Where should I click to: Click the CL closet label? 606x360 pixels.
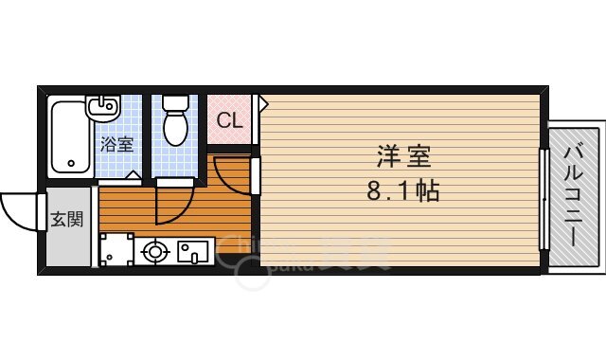(229, 120)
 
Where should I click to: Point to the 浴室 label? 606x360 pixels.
(117, 145)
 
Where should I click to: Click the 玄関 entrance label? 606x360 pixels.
(66, 220)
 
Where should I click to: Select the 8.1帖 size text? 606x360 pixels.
(402, 191)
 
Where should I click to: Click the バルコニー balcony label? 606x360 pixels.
(574, 194)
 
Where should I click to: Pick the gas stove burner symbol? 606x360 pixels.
(154, 253)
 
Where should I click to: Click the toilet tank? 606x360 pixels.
(175, 101)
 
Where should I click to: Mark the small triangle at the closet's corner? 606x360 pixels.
(264, 100)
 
